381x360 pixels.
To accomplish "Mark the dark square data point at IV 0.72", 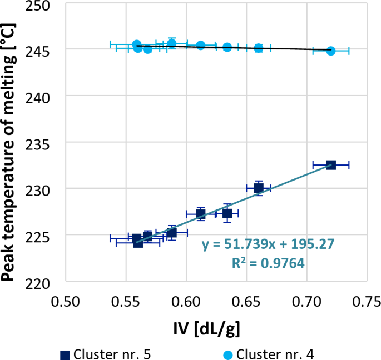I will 331,165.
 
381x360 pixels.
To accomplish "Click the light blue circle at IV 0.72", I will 331,51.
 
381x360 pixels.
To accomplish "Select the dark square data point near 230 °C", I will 259,188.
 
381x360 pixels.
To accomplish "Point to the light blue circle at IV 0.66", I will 259,48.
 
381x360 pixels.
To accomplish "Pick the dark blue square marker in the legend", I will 65,354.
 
